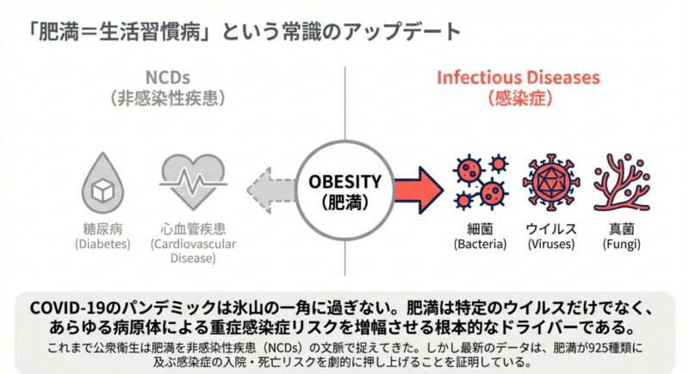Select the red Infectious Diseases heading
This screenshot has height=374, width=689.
pyautogui.click(x=518, y=77)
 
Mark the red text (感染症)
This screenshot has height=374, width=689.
pyautogui.click(x=518, y=97)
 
